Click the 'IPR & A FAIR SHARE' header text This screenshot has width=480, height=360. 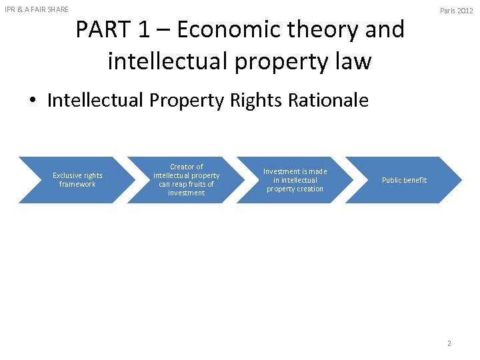(x=37, y=9)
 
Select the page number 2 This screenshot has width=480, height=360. (x=449, y=343)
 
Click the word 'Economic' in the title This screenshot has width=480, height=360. (x=226, y=30)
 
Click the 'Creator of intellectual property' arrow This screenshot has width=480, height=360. (x=187, y=180)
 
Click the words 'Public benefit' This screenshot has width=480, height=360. (x=405, y=181)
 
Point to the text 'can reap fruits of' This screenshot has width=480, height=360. (x=187, y=184)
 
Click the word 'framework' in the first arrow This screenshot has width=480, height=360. (x=77, y=185)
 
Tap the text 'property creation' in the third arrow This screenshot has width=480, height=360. (x=295, y=189)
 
